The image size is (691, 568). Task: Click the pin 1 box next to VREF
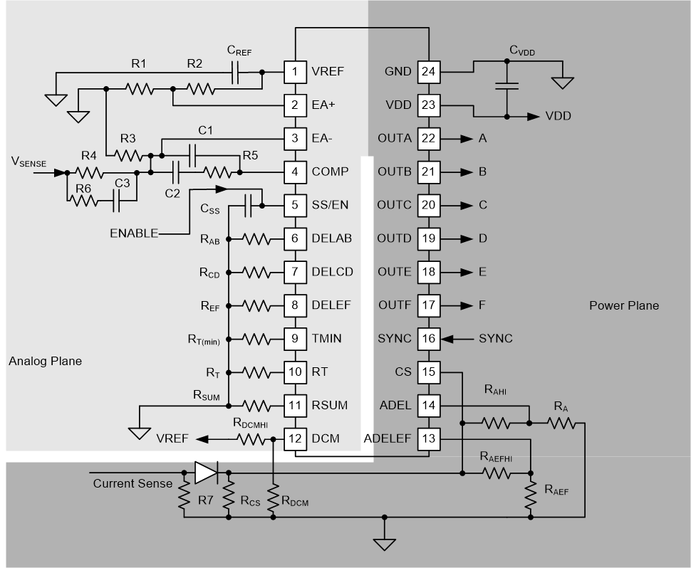(x=294, y=71)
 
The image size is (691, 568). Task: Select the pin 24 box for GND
(x=428, y=71)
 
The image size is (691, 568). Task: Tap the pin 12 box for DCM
(x=294, y=438)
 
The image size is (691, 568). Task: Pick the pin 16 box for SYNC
(x=428, y=338)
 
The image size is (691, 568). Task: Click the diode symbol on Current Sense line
(x=205, y=471)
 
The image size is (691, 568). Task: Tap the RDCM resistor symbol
(x=273, y=498)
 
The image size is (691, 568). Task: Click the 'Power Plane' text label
(x=623, y=305)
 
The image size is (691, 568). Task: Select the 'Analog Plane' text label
(x=45, y=361)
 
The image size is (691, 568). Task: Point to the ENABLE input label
(x=134, y=233)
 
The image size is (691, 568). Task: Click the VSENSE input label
(x=28, y=163)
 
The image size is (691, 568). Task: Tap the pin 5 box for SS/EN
(x=294, y=205)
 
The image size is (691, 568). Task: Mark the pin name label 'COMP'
(x=330, y=172)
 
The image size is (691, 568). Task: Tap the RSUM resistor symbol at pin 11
(x=255, y=405)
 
